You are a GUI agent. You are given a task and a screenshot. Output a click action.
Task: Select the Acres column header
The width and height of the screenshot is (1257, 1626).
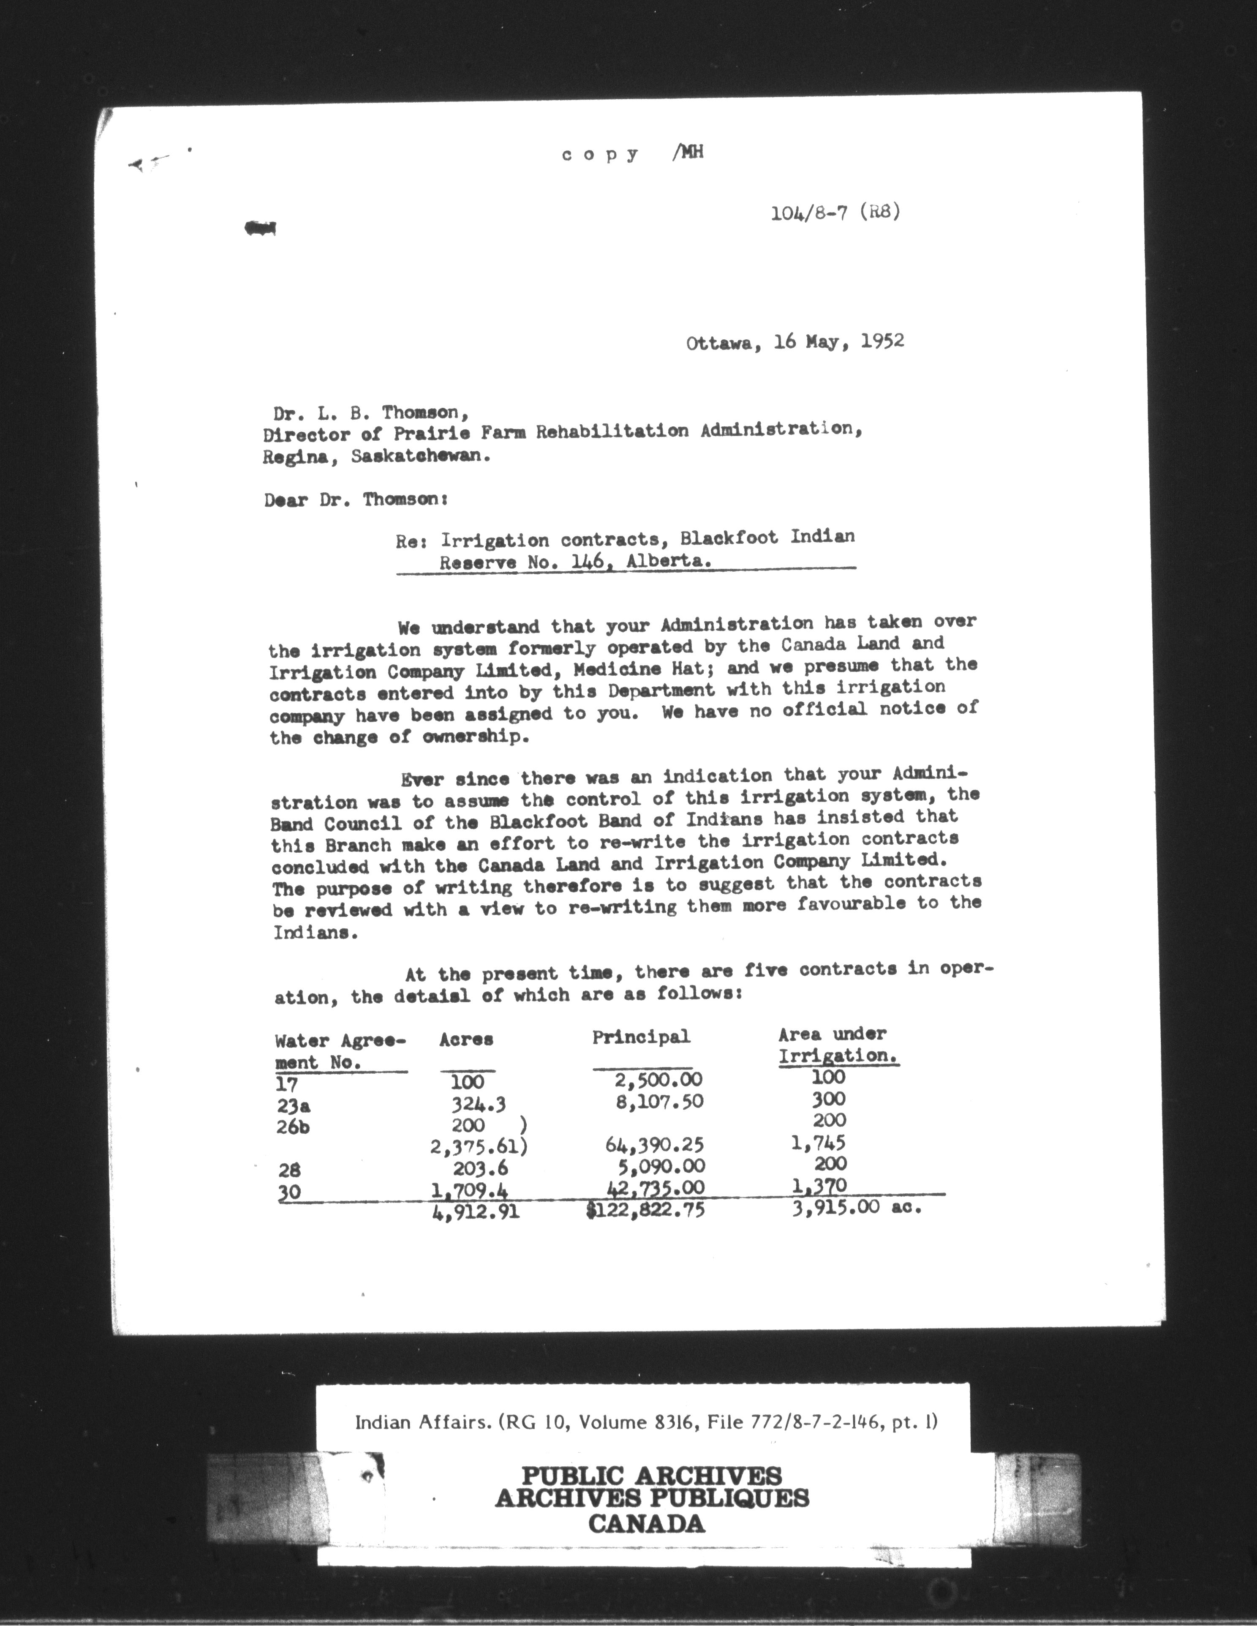coord(466,1039)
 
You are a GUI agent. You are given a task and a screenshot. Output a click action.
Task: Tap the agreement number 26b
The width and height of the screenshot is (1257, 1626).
coord(292,1127)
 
